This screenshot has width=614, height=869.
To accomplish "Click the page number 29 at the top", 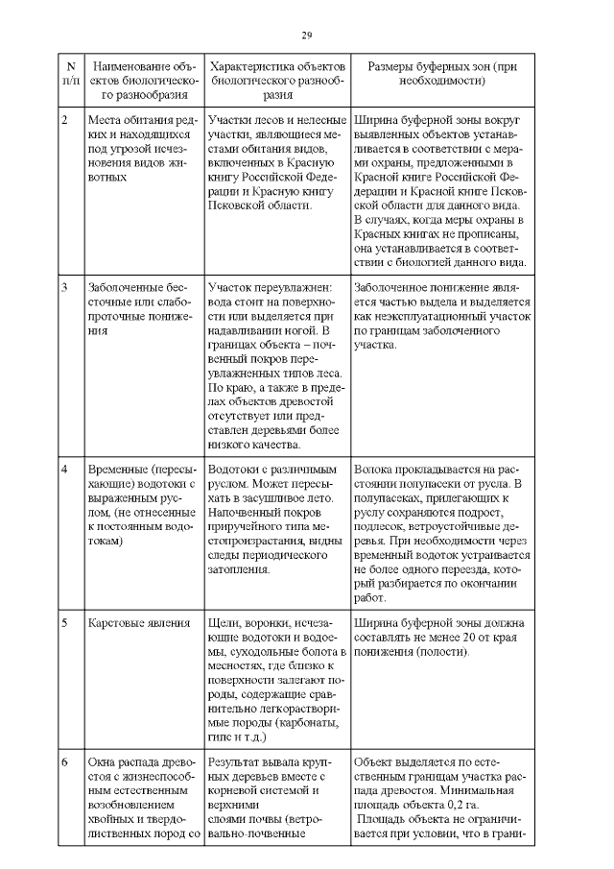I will (307, 36).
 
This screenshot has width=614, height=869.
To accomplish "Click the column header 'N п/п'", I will (70, 74).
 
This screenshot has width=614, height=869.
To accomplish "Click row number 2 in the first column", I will (64, 120).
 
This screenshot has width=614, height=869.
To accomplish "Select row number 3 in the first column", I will (64, 287).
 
